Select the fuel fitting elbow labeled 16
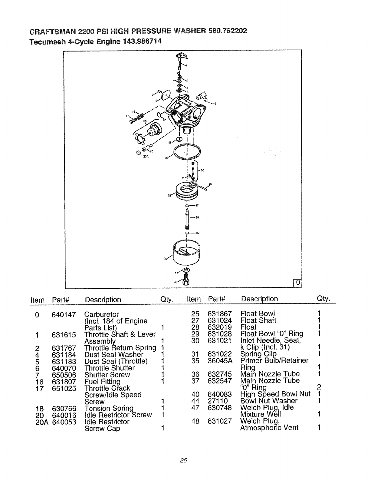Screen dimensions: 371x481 click(201, 97)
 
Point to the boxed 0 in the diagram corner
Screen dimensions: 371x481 click(298, 283)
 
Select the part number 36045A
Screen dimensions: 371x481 click(220, 360)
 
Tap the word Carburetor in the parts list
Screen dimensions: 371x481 click(102, 314)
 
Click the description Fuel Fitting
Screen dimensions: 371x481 click(102, 381)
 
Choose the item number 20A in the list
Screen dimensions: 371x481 click(42, 422)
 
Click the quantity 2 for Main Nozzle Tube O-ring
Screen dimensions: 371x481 click(319, 387)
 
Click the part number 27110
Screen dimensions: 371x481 click(218, 401)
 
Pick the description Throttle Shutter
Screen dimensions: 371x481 click(110, 368)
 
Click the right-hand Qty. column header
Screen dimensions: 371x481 click(323, 298)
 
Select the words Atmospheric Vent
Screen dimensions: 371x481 click(269, 428)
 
